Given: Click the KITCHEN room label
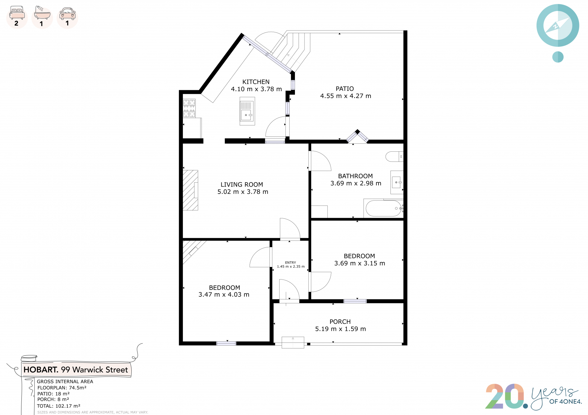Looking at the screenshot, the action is tap(256, 82).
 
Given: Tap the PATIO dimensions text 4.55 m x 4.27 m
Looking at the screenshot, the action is tap(345, 96).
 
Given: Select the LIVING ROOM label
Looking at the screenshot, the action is tap(242, 185).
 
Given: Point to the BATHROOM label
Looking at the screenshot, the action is tap(355, 176).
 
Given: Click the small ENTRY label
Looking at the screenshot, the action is tap(290, 263).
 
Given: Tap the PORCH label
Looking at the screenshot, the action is tap(340, 322).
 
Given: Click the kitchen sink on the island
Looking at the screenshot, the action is tap(247, 111).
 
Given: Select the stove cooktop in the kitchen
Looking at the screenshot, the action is tap(189, 108).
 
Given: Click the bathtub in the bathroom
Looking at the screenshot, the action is tap(383, 208).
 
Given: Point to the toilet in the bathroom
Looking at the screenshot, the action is tap(394, 157).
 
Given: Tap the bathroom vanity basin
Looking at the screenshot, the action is tap(397, 183).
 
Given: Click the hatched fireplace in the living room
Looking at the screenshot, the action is tap(190, 190).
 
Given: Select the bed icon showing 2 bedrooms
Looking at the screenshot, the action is tap(17, 13).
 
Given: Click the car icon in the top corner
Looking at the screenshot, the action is tap(67, 13).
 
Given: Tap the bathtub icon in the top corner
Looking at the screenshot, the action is tap(42, 13).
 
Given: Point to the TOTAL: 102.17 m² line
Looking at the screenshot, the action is tap(58, 406).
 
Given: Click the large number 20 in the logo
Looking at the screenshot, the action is tap(505, 396).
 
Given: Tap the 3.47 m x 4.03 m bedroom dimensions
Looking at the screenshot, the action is tap(224, 295).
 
